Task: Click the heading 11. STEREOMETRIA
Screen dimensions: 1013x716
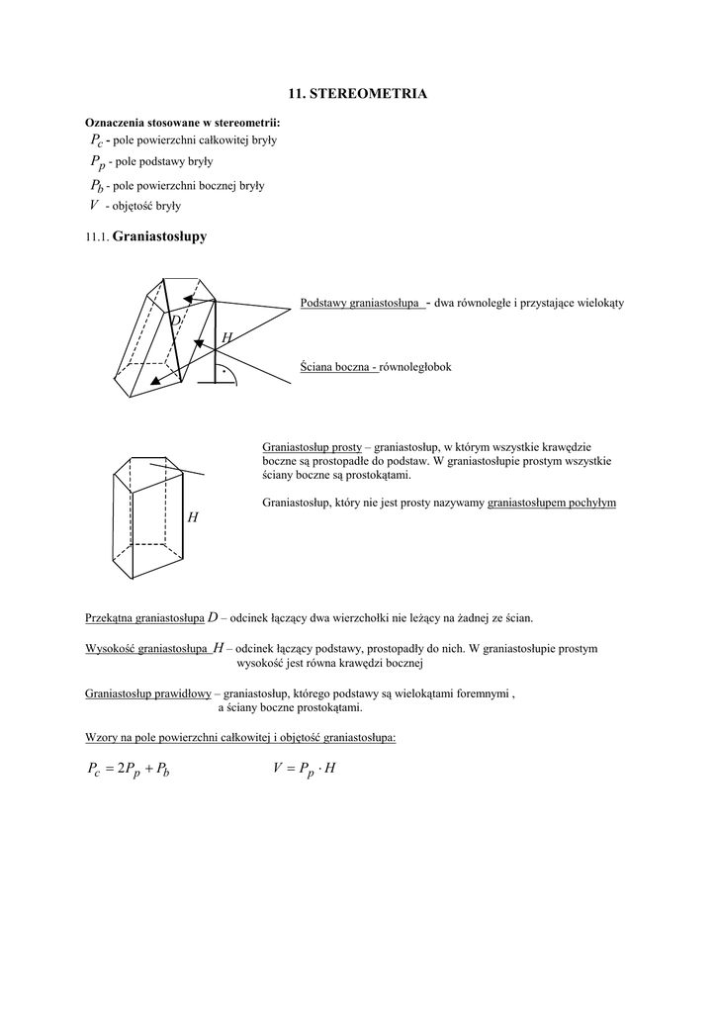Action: point(358,93)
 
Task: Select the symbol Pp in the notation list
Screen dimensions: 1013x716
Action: point(96,161)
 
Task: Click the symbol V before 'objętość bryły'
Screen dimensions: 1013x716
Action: point(93,206)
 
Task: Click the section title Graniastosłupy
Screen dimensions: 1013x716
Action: point(160,236)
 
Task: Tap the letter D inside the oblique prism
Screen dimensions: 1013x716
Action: point(175,321)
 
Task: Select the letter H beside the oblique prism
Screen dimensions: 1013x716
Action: point(226,338)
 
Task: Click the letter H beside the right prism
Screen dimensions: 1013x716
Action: point(193,517)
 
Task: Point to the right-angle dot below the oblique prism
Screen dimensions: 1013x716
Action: point(224,374)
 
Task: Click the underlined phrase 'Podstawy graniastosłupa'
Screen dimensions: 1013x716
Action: point(360,303)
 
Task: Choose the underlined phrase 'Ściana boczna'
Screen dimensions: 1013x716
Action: point(336,367)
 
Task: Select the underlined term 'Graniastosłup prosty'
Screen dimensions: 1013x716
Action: point(312,447)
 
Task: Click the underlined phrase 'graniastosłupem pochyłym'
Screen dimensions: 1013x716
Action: point(551,503)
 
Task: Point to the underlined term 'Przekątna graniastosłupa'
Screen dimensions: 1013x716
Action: point(145,618)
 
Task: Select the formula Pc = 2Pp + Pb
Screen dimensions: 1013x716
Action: point(130,769)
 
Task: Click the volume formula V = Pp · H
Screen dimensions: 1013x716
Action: point(304,768)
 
